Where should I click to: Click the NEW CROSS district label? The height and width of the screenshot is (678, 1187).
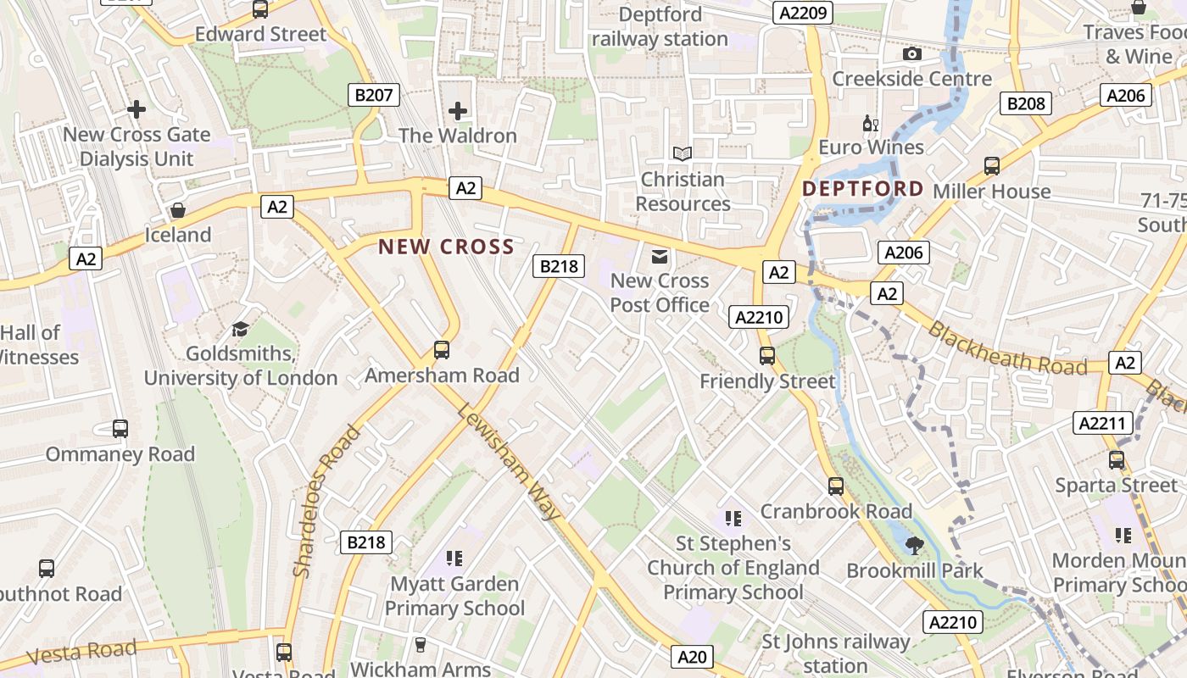(x=446, y=247)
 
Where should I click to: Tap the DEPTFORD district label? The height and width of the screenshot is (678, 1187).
(x=862, y=188)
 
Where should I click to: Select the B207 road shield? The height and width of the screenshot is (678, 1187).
(x=374, y=95)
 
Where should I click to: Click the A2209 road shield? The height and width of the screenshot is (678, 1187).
(x=803, y=13)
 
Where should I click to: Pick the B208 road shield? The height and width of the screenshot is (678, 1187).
(x=1026, y=104)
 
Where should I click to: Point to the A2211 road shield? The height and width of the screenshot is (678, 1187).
(x=1102, y=423)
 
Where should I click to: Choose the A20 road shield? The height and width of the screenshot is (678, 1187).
(x=693, y=656)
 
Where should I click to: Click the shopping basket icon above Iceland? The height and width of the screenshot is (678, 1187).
(x=178, y=210)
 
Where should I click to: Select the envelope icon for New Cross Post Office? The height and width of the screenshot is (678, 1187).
(x=660, y=256)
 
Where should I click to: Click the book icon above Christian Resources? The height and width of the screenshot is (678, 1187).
(x=683, y=154)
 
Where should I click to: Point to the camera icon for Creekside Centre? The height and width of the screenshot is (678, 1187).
(x=912, y=54)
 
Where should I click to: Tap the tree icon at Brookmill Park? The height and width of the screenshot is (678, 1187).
(x=914, y=545)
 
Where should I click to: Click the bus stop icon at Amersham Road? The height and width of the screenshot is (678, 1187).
(x=442, y=349)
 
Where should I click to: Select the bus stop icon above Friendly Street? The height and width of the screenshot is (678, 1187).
(x=767, y=356)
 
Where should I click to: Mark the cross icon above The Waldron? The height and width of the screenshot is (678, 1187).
(x=458, y=110)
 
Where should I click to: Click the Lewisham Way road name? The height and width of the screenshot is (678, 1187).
(x=509, y=462)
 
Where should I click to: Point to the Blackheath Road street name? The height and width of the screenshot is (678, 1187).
(x=1007, y=348)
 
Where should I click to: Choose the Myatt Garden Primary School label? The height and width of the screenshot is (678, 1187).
(x=454, y=596)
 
